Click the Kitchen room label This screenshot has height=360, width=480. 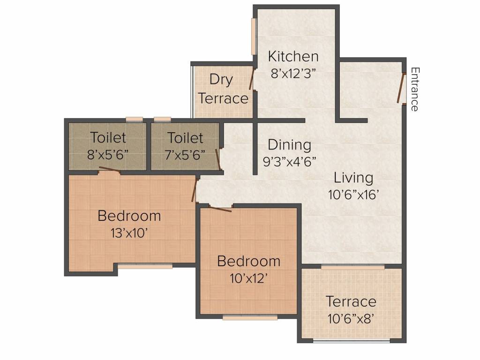293,56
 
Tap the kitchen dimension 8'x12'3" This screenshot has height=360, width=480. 293,74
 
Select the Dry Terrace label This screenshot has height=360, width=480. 223,89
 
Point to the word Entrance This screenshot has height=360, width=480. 414,90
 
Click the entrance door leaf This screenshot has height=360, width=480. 400,88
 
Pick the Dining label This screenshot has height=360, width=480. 289,145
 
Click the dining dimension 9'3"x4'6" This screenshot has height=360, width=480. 289,161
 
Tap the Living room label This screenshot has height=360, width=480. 353,178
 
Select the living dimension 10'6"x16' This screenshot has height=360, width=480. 353,195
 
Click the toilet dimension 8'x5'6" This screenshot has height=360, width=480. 107,155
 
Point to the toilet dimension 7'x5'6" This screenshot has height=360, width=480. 185,155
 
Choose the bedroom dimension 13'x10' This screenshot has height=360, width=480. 129,233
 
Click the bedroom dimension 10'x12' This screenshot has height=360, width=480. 249,278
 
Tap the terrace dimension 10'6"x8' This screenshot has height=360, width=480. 351,319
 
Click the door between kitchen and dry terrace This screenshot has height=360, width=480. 252,79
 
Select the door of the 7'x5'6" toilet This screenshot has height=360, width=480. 217,159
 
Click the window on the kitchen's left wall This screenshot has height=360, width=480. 254,37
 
